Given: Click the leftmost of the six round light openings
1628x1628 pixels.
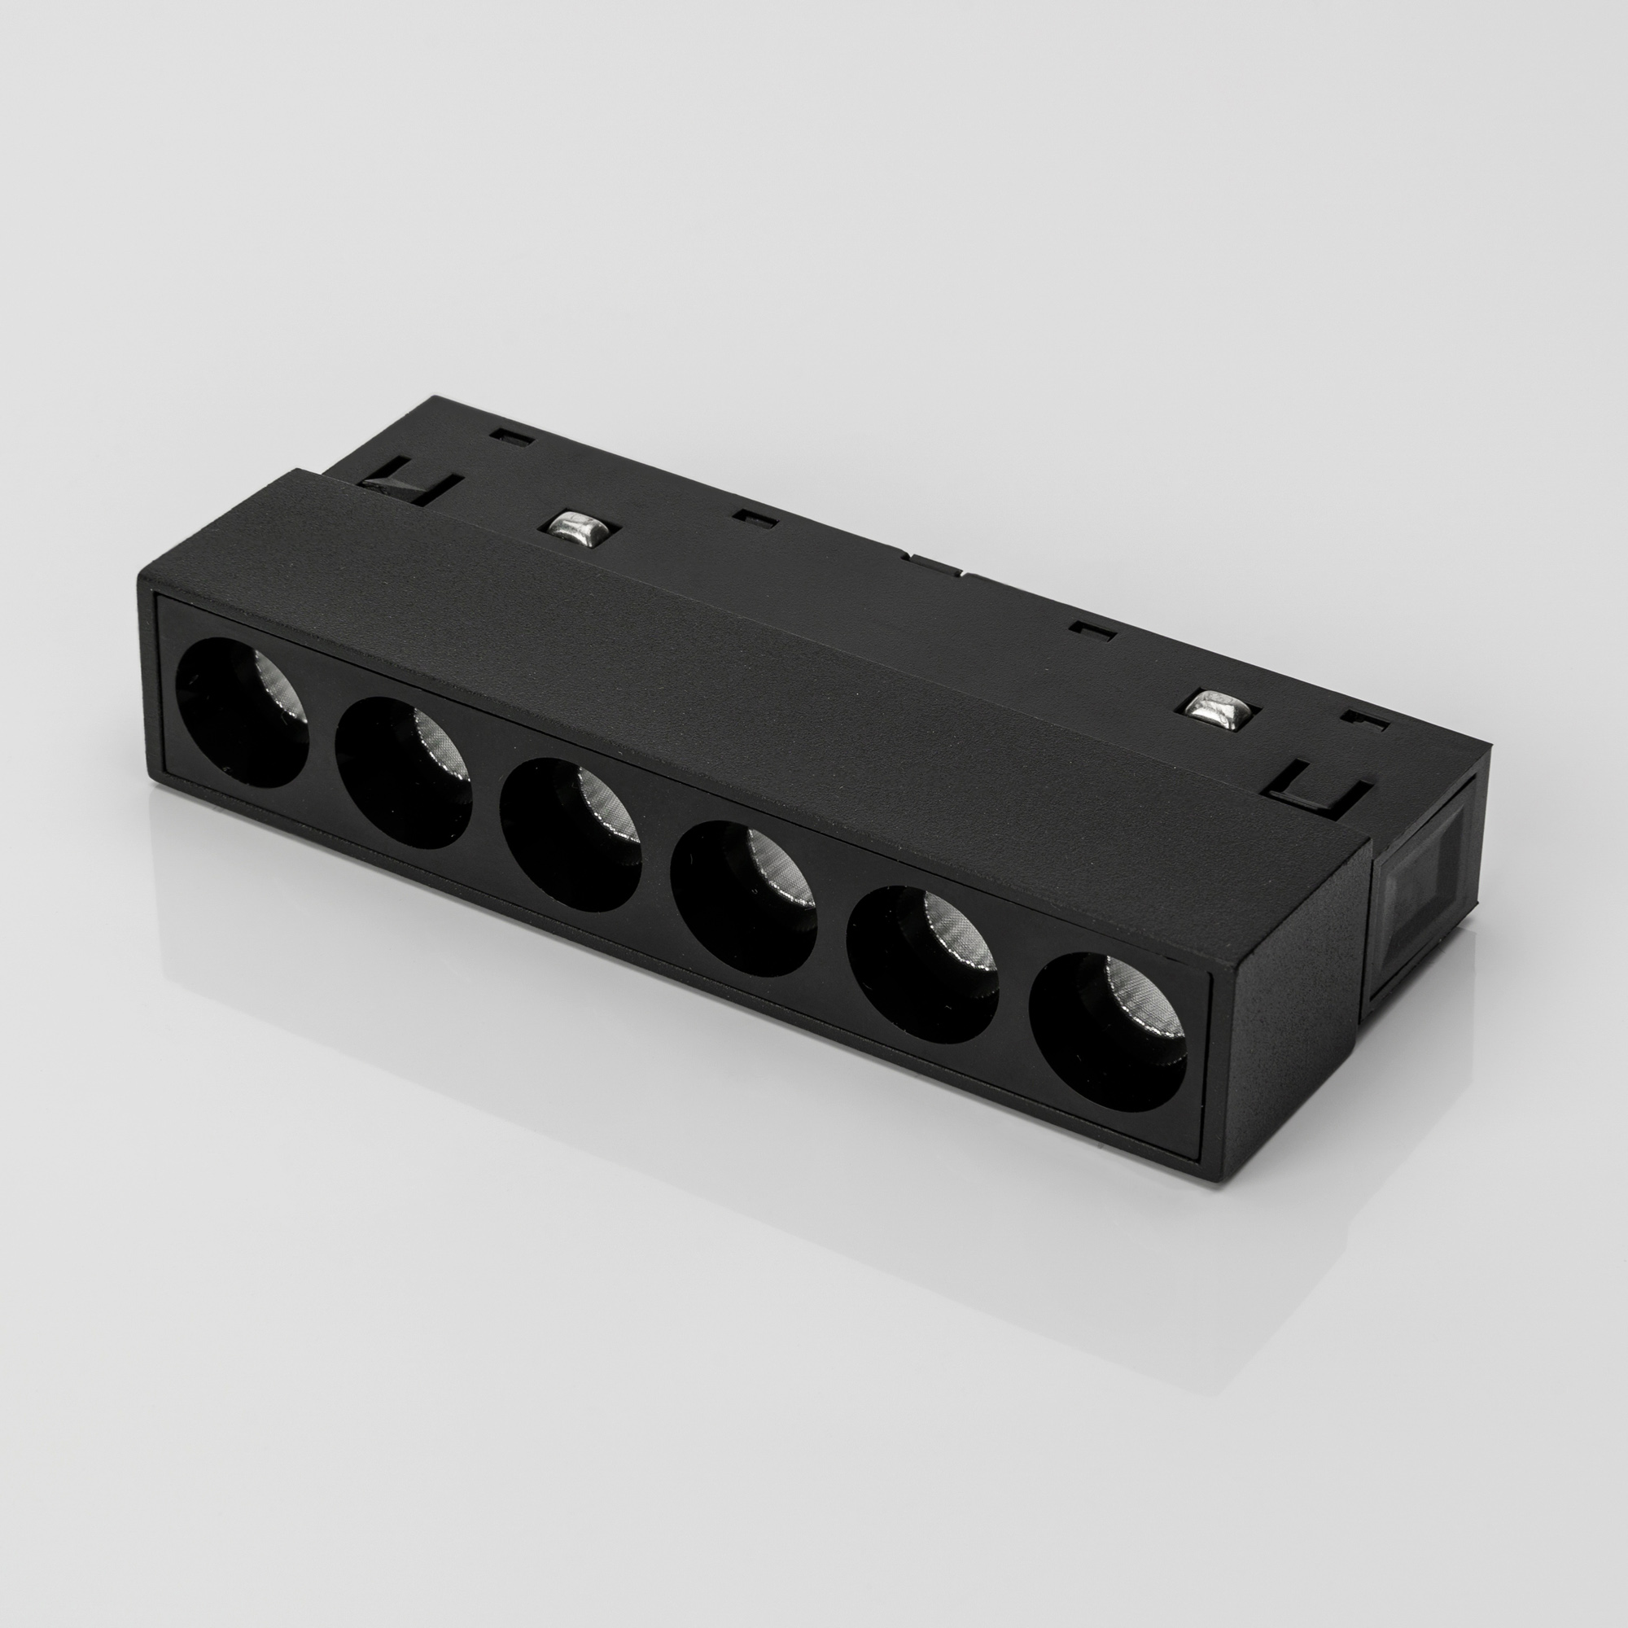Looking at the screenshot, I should point(242,713).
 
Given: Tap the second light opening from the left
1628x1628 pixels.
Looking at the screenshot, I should point(403,772).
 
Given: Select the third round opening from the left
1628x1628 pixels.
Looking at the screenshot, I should point(571,834).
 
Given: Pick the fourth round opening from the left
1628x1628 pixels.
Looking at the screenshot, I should point(743,899).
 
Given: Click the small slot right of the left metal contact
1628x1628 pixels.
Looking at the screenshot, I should point(755,518).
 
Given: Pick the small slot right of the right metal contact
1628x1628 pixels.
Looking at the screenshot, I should point(1364,720).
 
